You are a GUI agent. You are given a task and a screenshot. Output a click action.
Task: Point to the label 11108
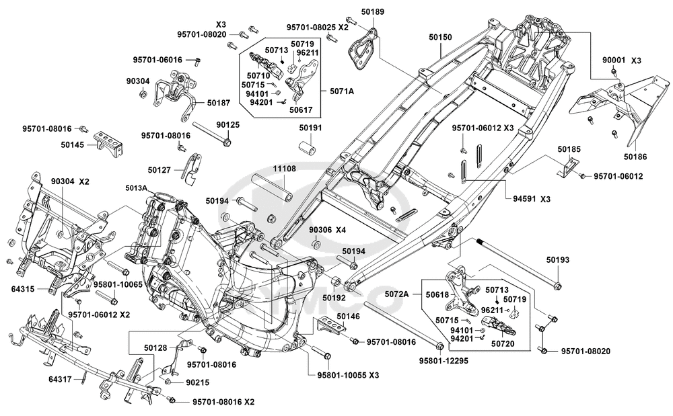click(x=285, y=169)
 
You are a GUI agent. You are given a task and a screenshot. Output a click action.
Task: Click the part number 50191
click(x=310, y=127)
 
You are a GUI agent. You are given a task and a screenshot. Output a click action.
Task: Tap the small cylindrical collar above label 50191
click(x=308, y=145)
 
